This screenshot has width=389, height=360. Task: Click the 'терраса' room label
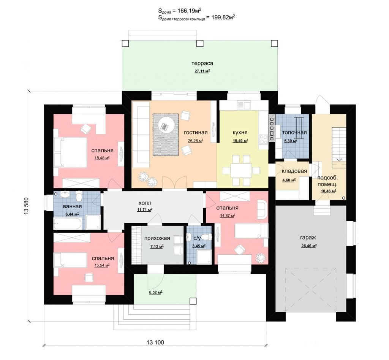tap(202, 63)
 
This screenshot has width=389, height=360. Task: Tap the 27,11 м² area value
tap(202, 71)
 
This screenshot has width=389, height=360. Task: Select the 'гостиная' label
tap(196, 132)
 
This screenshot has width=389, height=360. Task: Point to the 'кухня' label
tap(240, 132)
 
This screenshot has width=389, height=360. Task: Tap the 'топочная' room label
tap(294, 132)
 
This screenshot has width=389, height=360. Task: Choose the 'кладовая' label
tap(294, 171)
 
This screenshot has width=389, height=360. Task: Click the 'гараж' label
tap(308, 238)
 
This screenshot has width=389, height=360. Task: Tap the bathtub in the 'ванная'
tap(67, 224)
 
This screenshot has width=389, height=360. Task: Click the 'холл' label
tap(145, 203)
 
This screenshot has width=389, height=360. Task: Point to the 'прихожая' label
tap(157, 238)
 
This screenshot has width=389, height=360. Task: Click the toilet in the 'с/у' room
tap(205, 237)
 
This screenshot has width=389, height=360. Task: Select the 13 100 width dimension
tap(155, 343)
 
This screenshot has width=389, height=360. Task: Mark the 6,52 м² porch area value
tap(155, 292)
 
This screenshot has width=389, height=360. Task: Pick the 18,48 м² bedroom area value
tap(102, 158)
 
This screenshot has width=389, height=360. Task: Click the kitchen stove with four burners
tap(264, 139)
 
